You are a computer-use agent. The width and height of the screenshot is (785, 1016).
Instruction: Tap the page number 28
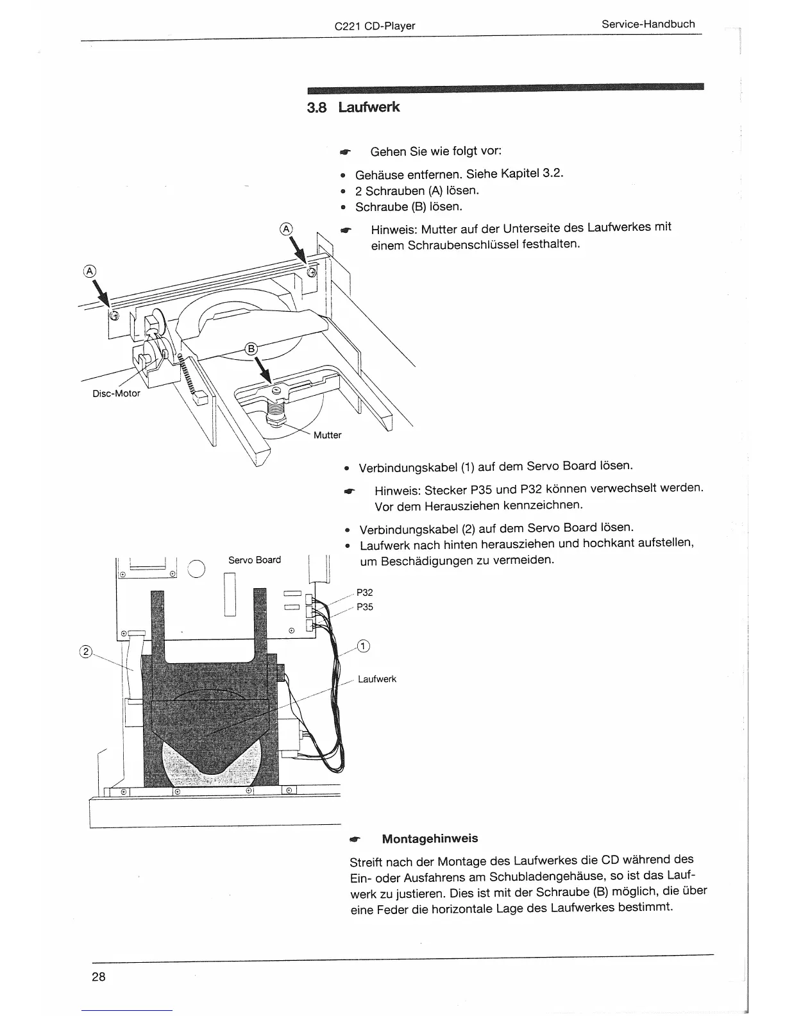pos(98,977)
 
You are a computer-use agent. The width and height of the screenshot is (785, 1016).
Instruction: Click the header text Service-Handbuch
pos(648,24)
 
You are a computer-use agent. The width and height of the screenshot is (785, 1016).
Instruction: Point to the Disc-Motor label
pos(116,393)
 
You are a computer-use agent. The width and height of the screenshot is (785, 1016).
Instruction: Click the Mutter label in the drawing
pos(327,435)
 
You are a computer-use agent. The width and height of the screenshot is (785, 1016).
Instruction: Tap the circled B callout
pos(251,349)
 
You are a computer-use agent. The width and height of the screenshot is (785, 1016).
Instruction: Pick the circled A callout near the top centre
pos(286,229)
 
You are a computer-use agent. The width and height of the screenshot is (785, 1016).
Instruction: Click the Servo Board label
pos(255,560)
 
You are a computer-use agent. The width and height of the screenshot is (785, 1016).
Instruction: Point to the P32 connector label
pos(364,593)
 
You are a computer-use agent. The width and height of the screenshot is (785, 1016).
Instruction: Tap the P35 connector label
pos(364,607)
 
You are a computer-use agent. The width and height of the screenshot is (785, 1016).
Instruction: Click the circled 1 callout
pos(363,645)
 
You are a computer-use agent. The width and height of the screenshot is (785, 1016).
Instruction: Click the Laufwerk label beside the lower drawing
pos(377,679)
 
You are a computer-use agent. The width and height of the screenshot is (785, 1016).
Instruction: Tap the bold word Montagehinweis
pos(430,838)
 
